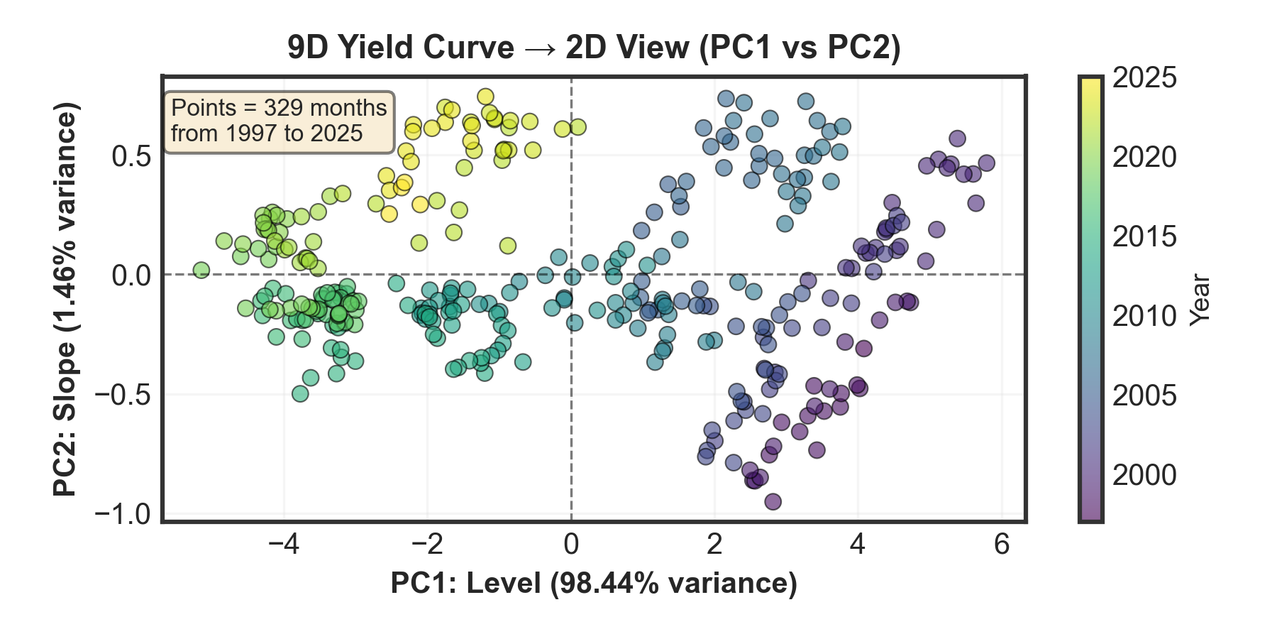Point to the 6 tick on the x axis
click(1001, 545)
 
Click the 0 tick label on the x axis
click(571, 545)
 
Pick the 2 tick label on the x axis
click(714, 545)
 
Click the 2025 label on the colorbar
click(1144, 78)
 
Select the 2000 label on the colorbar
click(1144, 475)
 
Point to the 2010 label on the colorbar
click(1144, 316)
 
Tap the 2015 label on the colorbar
click(1144, 236)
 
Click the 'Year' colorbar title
click(1200, 300)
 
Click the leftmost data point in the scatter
click(201, 270)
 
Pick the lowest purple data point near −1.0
click(773, 502)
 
